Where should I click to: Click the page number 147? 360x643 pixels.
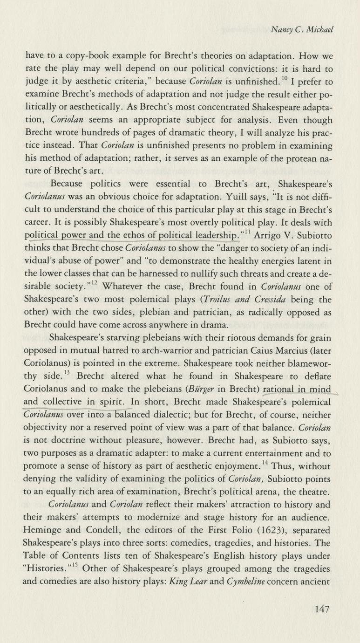(x=321, y=609)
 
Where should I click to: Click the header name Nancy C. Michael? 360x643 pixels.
(x=303, y=30)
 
